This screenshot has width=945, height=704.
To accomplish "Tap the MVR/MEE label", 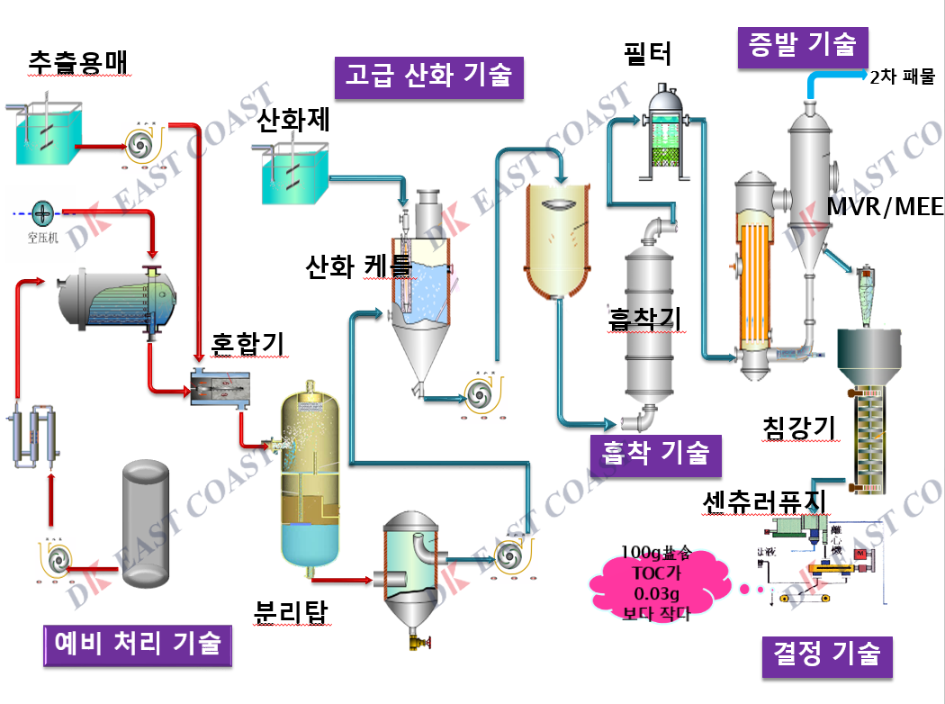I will coord(885,208).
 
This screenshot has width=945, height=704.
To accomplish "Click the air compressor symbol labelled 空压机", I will coord(42,214).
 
